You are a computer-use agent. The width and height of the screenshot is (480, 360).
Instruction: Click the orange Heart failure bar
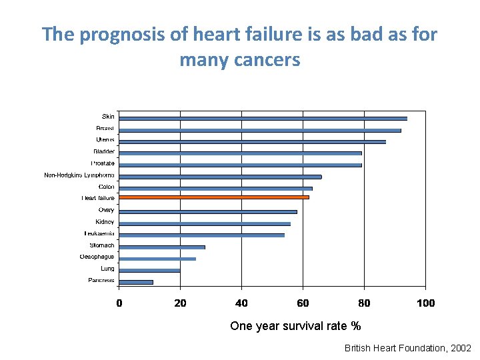(x=213, y=197)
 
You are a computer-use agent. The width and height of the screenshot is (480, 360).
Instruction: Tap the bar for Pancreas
(x=136, y=282)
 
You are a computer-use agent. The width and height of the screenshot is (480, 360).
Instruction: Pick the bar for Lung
(x=149, y=270)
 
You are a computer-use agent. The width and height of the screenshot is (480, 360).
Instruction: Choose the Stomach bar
(x=162, y=247)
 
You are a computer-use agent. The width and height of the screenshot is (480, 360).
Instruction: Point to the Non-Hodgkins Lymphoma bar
(x=220, y=177)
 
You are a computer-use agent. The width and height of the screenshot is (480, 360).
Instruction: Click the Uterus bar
(x=252, y=141)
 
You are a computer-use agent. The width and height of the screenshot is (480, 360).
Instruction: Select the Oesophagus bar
(x=157, y=259)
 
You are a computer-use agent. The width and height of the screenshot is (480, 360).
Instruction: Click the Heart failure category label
(x=98, y=198)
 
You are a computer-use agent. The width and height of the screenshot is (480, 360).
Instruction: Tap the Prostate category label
(x=103, y=163)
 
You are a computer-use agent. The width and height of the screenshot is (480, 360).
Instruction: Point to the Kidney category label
(x=105, y=221)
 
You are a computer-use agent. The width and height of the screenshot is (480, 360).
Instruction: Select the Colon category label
(x=105, y=187)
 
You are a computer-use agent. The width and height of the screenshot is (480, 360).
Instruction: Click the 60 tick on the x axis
(x=303, y=303)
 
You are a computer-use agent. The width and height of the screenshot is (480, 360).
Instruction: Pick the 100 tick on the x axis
(x=425, y=303)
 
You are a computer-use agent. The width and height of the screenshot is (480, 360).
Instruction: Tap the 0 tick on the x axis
(x=119, y=303)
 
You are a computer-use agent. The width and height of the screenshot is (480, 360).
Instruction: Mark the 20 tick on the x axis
(x=180, y=303)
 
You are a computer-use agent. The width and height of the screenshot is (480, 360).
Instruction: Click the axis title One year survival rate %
(x=295, y=326)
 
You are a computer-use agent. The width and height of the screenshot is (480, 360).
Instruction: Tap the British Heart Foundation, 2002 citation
(x=407, y=348)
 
